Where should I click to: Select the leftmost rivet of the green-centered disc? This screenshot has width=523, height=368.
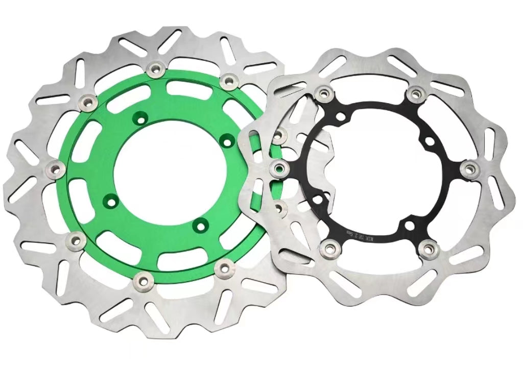point(56,169)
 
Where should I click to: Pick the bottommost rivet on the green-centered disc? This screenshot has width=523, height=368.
point(142,279)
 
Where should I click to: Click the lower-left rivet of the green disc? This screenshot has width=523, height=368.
point(77,239)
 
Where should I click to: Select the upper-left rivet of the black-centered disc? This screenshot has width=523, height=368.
point(322,93)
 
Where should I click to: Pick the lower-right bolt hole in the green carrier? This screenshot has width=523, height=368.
point(201,223)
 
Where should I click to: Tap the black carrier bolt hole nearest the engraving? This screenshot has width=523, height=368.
point(409,225)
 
